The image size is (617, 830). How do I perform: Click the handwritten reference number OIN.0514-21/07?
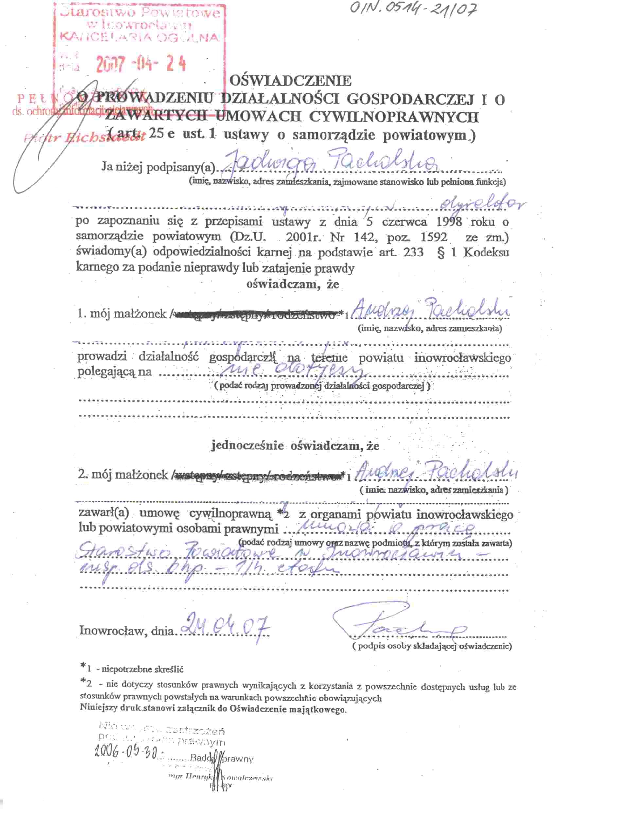413,13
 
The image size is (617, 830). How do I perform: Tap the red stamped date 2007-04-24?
140,64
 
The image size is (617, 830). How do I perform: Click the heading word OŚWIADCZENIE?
290,80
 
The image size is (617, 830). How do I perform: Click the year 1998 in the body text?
449,222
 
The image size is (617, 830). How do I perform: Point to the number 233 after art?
413,253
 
